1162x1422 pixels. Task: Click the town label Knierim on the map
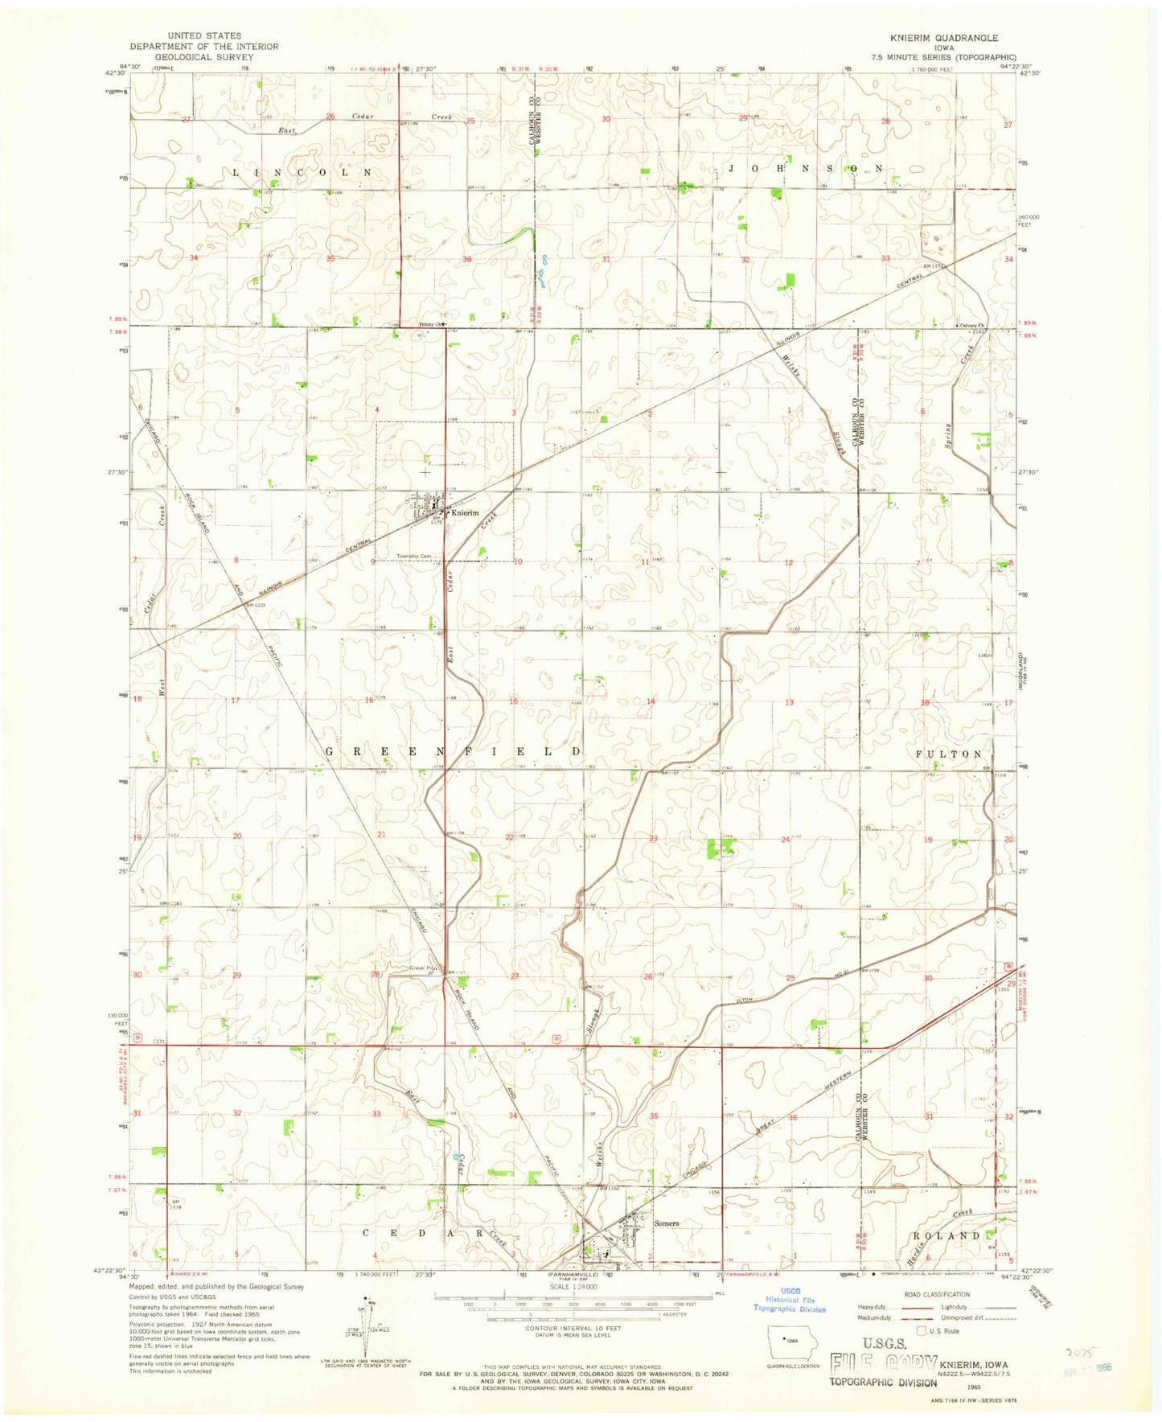point(465,513)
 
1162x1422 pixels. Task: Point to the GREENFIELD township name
point(453,750)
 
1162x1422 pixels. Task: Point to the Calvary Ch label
point(970,325)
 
